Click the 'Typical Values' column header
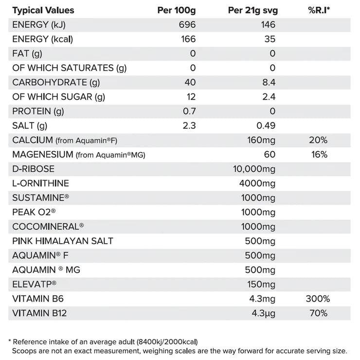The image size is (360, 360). point(43,10)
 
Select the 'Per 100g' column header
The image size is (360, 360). point(177,10)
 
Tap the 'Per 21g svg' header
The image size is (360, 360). point(252,10)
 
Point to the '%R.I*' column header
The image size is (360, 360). point(318,10)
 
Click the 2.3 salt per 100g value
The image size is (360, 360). point(189,126)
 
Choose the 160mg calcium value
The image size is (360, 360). point(261,140)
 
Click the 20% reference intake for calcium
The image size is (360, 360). point(318,140)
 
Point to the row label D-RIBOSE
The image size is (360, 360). point(34,169)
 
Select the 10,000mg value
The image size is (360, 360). point(254,169)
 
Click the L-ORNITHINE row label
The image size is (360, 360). point(41,183)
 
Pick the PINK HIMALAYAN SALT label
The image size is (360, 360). point(63,241)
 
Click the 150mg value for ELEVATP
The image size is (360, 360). point(261,284)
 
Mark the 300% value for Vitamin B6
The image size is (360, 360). point(318,299)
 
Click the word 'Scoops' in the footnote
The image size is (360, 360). point(24,350)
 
